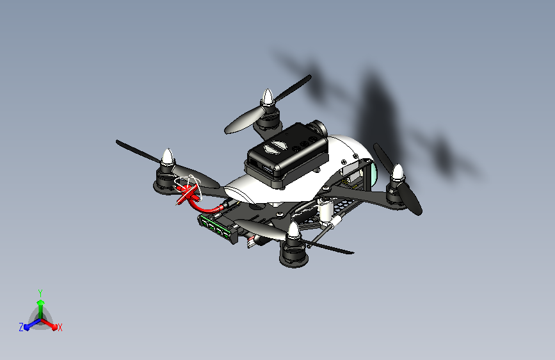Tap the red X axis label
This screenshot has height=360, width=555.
[x=60, y=327]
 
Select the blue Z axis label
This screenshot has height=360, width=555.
[x=21, y=327]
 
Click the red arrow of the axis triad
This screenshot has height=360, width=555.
[x=51, y=323]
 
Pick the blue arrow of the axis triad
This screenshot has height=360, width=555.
[x=29, y=325]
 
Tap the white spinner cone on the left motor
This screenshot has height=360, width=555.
[x=168, y=157]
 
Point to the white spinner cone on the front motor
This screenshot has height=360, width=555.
[x=294, y=231]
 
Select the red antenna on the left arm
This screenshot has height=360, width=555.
[x=186, y=195]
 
